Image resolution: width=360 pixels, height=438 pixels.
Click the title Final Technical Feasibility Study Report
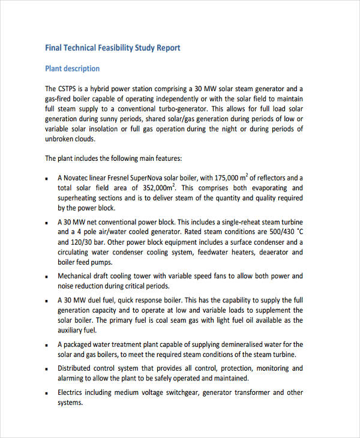(113, 47)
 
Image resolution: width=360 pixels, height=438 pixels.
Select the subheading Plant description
(73, 68)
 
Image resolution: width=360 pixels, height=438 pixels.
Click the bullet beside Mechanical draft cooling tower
(47, 277)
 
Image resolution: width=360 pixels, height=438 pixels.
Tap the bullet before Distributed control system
(47, 369)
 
